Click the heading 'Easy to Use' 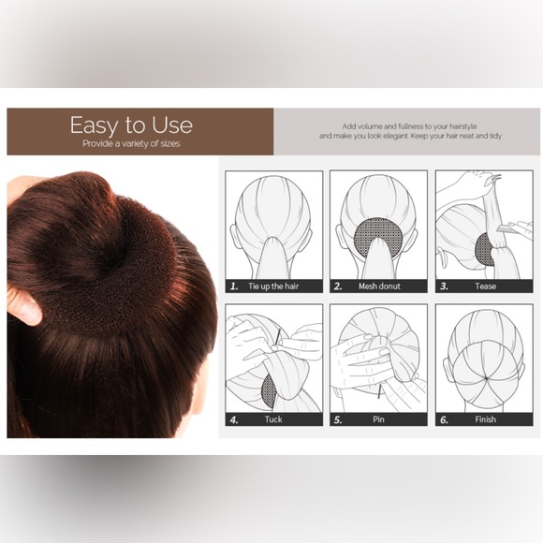[131, 125]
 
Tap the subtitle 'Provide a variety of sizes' [131, 144]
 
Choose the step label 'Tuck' [272, 420]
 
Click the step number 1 [234, 286]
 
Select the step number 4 [234, 420]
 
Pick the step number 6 [444, 420]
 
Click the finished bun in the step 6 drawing [478, 370]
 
